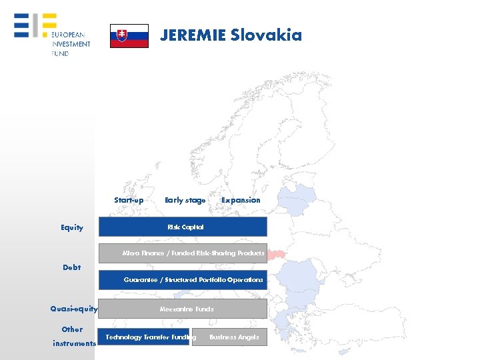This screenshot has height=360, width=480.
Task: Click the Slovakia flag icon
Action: point(129,35)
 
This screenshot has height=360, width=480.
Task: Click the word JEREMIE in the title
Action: point(192,35)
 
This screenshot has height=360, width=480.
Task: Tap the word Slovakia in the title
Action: point(266,35)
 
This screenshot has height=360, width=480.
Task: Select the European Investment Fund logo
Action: point(51,35)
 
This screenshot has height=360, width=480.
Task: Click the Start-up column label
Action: point(129,200)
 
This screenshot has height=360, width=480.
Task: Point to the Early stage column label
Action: point(185,200)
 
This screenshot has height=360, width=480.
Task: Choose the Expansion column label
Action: point(241,200)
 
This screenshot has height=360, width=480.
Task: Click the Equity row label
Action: point(72,227)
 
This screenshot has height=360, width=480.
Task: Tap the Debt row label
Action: point(71,267)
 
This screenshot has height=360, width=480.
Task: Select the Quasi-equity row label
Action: point(74,309)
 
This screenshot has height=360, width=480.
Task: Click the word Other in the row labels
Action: point(72,329)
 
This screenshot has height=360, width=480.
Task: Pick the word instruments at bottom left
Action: point(75,343)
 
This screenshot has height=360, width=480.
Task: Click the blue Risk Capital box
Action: point(183,227)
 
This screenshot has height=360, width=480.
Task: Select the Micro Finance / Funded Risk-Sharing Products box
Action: point(183,253)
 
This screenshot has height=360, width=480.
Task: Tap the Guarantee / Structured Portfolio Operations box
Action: point(183,280)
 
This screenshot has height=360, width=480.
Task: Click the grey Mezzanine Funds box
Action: point(183,309)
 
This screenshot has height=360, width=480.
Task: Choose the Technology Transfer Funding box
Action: point(143,337)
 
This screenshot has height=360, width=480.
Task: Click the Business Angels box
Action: point(229,337)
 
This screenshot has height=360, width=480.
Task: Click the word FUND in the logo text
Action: point(60,53)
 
